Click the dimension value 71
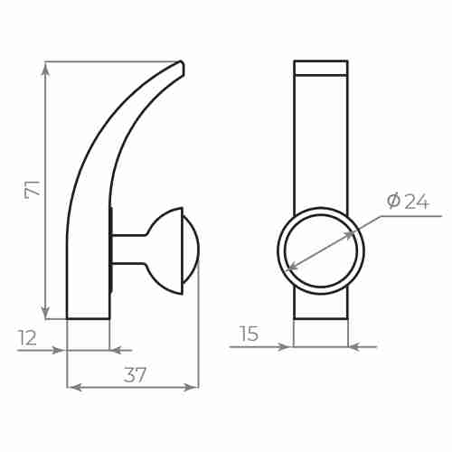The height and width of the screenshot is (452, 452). [32, 189]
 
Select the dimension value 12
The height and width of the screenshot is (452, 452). [27, 337]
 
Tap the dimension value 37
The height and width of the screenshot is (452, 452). [135, 375]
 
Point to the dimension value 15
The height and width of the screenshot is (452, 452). [249, 334]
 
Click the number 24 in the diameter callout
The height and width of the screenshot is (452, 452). [416, 202]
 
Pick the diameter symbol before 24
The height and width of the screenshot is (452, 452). [393, 201]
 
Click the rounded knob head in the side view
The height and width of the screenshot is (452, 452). [176, 250]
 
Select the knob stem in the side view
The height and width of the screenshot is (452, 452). [127, 249]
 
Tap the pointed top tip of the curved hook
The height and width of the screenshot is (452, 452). [182, 64]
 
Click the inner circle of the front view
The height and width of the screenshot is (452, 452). [321, 251]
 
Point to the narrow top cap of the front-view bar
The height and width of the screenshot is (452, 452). [321, 68]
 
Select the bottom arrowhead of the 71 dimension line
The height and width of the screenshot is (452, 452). [45, 314]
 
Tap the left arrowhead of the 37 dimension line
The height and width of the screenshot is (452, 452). [72, 387]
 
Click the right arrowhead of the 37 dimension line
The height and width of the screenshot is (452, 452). [193, 387]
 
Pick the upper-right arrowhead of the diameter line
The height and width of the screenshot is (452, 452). [353, 232]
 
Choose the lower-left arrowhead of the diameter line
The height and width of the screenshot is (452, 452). [289, 268]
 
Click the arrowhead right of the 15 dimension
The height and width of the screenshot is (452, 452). [353, 346]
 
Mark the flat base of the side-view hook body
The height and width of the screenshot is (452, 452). [89, 317]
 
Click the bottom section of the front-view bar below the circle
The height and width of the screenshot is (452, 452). [321, 306]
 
